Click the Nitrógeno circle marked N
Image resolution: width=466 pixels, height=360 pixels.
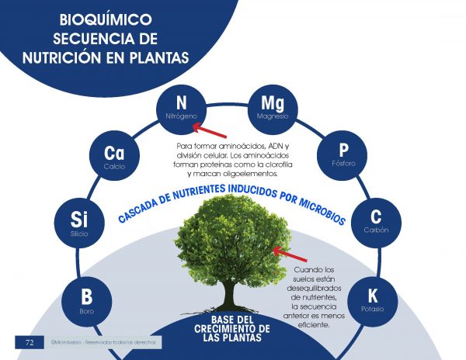click(182, 107)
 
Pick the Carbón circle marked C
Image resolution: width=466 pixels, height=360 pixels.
click(375, 221)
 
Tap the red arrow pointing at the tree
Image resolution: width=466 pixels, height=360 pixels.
click(292, 255)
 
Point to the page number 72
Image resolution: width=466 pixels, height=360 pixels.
click(29, 342)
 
